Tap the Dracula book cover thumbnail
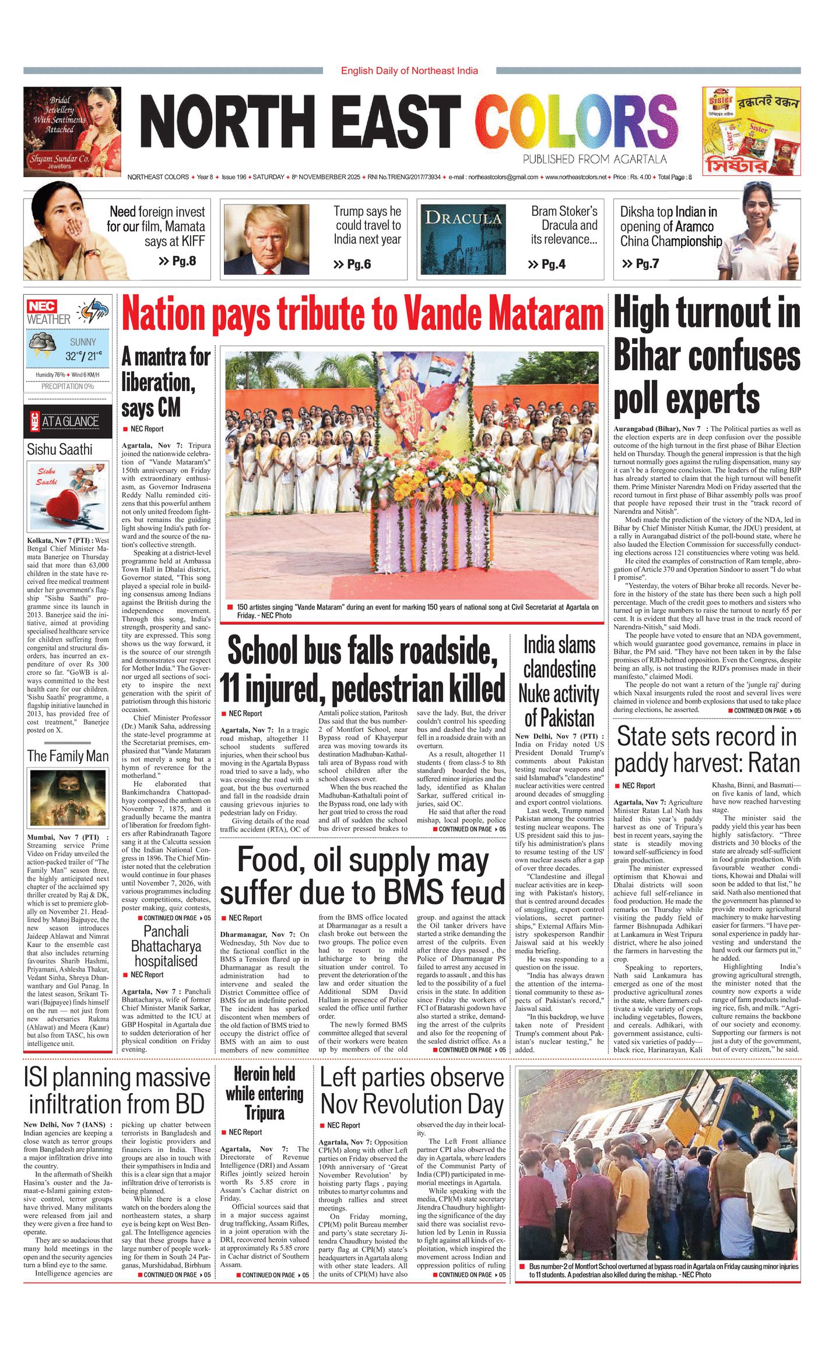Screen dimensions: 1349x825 coord(463,239)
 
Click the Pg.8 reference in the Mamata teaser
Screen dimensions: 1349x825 coord(177,260)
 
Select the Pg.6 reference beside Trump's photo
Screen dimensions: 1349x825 coord(352,265)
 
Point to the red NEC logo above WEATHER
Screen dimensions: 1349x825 coord(42,306)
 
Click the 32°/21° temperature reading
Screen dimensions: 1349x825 coord(83,355)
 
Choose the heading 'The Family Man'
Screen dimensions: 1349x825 coord(68,756)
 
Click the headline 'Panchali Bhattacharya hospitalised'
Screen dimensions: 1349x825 coord(166,946)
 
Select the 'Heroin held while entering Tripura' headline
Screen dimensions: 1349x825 coord(265,1093)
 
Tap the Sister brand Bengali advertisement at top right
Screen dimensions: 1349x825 coord(751,131)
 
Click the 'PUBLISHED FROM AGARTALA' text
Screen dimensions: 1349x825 coord(594,159)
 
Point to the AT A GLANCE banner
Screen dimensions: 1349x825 coord(68,421)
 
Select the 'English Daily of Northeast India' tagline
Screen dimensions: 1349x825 coord(409,71)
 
